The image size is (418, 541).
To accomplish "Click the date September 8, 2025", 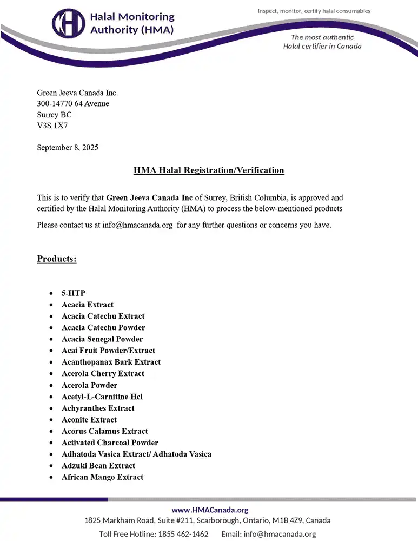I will click(x=68, y=147).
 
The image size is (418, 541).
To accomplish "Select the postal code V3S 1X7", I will click(x=52, y=126).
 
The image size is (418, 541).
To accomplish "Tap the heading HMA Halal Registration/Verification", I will click(x=209, y=170).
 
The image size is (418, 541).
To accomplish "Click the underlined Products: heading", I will click(x=57, y=259).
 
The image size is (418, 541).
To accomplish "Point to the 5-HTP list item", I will click(x=73, y=293).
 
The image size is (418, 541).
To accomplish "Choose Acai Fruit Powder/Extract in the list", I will click(x=108, y=351).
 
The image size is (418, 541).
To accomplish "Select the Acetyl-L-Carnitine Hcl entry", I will click(x=102, y=397).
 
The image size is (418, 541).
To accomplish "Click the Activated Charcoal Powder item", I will click(x=110, y=443).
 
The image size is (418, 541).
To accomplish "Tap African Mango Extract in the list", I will click(x=102, y=477).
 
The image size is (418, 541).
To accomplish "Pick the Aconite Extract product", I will click(x=89, y=419).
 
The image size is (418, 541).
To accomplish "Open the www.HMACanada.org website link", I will click(x=210, y=510).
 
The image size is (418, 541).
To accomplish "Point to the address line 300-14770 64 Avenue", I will click(x=73, y=103).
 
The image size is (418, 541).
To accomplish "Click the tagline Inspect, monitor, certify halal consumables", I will click(x=314, y=11).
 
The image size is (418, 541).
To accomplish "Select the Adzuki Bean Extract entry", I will click(x=98, y=465).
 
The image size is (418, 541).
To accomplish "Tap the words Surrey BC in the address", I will click(x=54, y=115).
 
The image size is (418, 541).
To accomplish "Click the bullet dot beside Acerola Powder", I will click(x=51, y=385).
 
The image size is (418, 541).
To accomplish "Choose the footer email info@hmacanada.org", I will click(x=280, y=534).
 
